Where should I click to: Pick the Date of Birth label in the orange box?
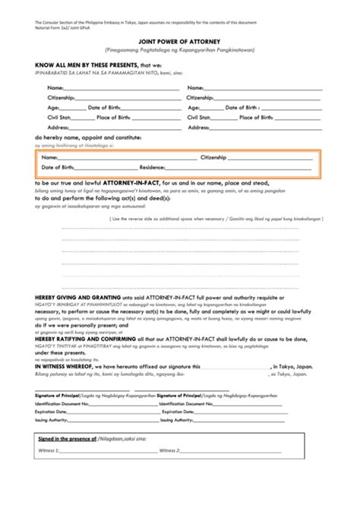[x=58, y=166]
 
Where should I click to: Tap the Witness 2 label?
[x=169, y=471]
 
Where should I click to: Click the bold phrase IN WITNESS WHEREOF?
[x=62, y=364]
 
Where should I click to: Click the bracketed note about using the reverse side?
[x=215, y=217]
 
